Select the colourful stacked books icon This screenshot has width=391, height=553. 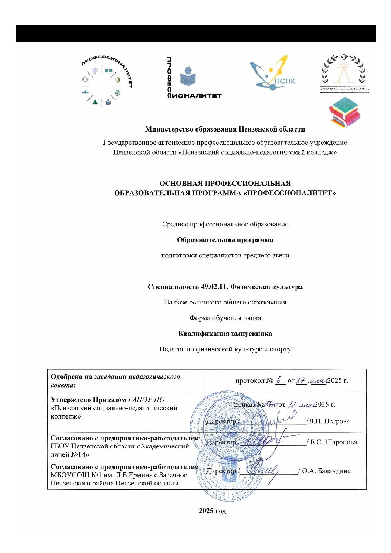tap(344, 112)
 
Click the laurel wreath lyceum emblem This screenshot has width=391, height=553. tap(344, 73)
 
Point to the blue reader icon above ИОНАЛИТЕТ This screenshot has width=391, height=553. tap(188, 76)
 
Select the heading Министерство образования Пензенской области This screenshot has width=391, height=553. tap(225, 129)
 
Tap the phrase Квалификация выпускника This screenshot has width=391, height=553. tap(225, 334)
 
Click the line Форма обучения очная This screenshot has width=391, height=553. tap(225, 318)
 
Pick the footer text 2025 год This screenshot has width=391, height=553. tap(212, 511)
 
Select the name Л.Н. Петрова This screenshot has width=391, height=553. tap(328, 421)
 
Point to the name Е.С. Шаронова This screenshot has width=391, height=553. tap(333, 442)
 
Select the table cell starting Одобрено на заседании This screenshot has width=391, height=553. tap(125, 380)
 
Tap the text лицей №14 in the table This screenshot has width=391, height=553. tap(70, 455)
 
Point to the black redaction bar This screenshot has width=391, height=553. tap(195, 34)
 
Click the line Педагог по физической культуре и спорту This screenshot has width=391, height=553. tap(225, 349)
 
